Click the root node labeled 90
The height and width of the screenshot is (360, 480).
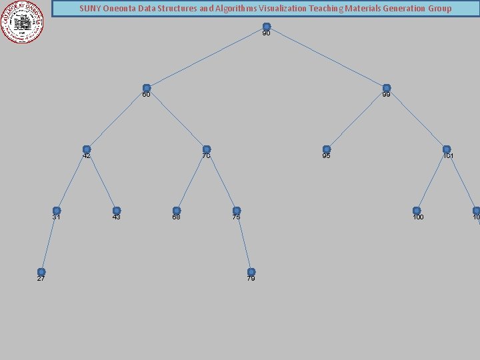pos(266,27)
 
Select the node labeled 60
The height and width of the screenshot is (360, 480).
pos(147,88)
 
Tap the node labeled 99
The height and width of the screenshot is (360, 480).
pos(386,88)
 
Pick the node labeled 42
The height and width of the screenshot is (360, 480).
pos(87,149)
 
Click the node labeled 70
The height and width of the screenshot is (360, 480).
pos(207,149)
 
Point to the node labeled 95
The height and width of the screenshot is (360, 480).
pos(326,149)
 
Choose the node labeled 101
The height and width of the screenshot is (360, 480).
pos(447,149)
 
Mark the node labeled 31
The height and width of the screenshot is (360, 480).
pos(57,211)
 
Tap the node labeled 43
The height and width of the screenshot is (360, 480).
pos(117,211)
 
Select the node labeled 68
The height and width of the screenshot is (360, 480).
pos(177,211)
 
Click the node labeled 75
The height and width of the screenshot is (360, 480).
pos(237,211)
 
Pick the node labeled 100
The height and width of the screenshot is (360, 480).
pos(417,211)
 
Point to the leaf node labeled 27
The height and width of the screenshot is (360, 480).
pos(41,272)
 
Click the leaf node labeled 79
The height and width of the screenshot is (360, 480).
pos(251,272)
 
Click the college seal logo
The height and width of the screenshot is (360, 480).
pos(23,22)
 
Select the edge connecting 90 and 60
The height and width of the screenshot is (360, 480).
pos(207,57)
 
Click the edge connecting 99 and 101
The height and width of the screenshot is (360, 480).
pos(417,119)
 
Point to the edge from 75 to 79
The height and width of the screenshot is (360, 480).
pos(244,241)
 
